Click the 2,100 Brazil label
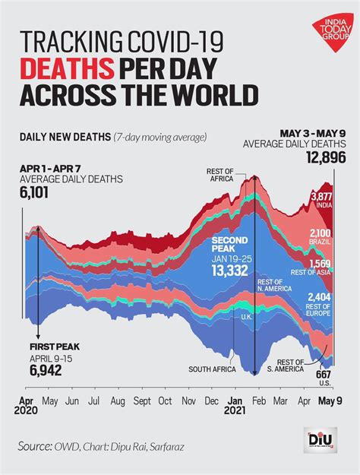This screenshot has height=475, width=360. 320,233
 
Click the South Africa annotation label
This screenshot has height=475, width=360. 210,369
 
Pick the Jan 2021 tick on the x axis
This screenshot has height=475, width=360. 236,404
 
